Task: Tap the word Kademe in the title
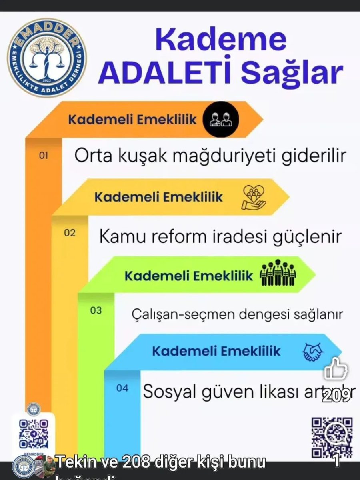click(x=220, y=41)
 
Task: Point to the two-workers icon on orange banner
click(x=220, y=119)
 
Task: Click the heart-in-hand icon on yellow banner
click(x=254, y=197)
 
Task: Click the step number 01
click(x=44, y=155)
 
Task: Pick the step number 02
click(x=70, y=233)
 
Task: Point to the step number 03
click(x=96, y=310)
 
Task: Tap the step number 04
click(x=122, y=387)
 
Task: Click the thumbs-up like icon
click(x=336, y=369)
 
